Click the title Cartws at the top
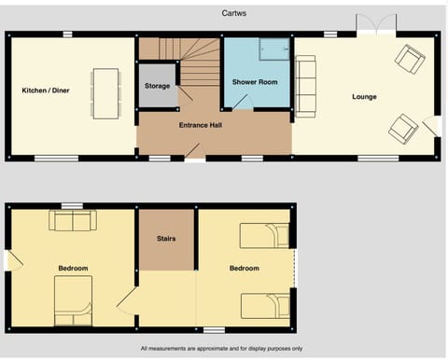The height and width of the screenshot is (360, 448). pyautogui.click(x=234, y=14)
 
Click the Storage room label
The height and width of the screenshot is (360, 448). pyautogui.click(x=157, y=86)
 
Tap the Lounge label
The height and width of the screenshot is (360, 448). pyautogui.click(x=364, y=96)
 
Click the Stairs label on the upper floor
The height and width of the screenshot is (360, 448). pyautogui.click(x=166, y=239)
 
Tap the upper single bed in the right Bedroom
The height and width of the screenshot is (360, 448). pyautogui.click(x=264, y=235)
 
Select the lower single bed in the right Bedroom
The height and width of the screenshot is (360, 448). pyautogui.click(x=264, y=305)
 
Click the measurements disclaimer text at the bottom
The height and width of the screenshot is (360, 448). pyautogui.click(x=221, y=349)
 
